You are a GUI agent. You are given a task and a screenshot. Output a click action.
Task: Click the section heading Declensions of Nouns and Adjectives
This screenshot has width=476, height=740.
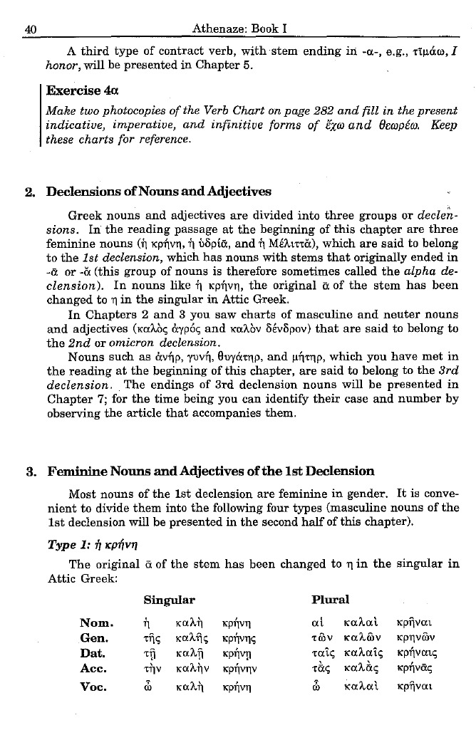pos(159,192)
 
